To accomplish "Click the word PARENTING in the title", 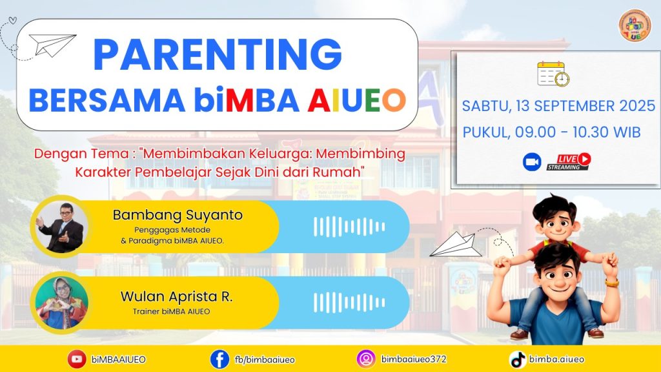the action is click(217, 54).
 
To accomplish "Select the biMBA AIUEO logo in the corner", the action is click(635, 25).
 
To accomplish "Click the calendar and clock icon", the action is click(553, 74).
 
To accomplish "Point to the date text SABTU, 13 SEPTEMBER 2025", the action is click(558, 106).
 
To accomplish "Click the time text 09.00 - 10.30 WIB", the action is click(578, 132).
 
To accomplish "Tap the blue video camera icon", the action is click(532, 162).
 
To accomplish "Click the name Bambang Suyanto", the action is click(178, 215).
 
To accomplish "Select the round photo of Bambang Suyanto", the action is click(61, 227).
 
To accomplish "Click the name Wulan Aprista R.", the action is click(176, 296).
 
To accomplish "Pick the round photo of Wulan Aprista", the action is click(61, 303).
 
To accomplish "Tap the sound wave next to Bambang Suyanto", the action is click(349, 227).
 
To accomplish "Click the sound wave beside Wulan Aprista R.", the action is click(349, 303).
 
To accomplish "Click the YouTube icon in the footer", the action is click(77, 359).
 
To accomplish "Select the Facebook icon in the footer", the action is click(219, 359).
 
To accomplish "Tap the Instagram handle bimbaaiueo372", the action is click(414, 359).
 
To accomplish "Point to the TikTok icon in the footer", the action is click(518, 360).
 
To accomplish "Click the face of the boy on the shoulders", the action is click(557, 225).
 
